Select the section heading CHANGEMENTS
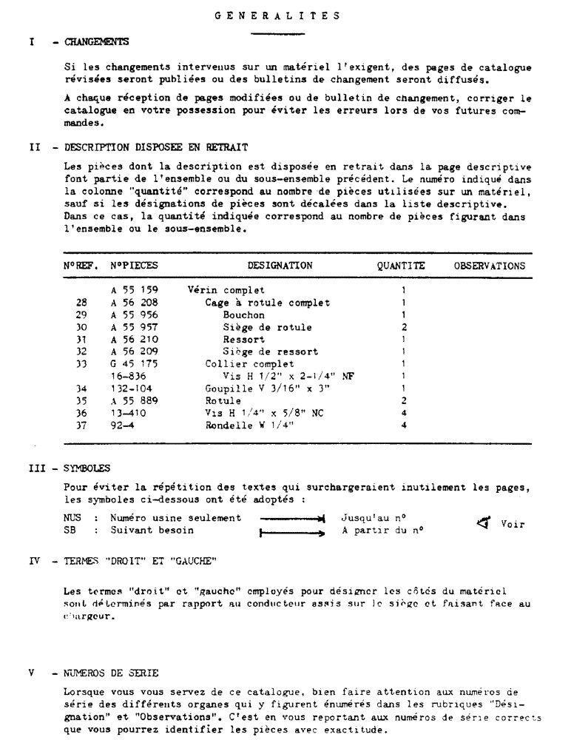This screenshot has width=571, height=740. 96,42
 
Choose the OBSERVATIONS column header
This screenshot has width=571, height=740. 490,266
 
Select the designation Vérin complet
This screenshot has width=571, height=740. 226,290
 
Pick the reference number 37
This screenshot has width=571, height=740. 81,424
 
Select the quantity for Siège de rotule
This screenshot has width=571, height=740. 404,327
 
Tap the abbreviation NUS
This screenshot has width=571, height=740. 72,518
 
